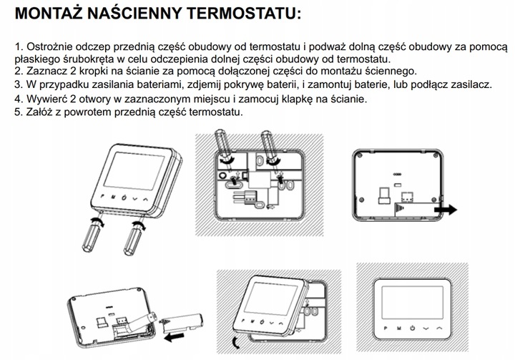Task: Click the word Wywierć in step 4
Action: (46, 99)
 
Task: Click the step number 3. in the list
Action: (19, 84)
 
